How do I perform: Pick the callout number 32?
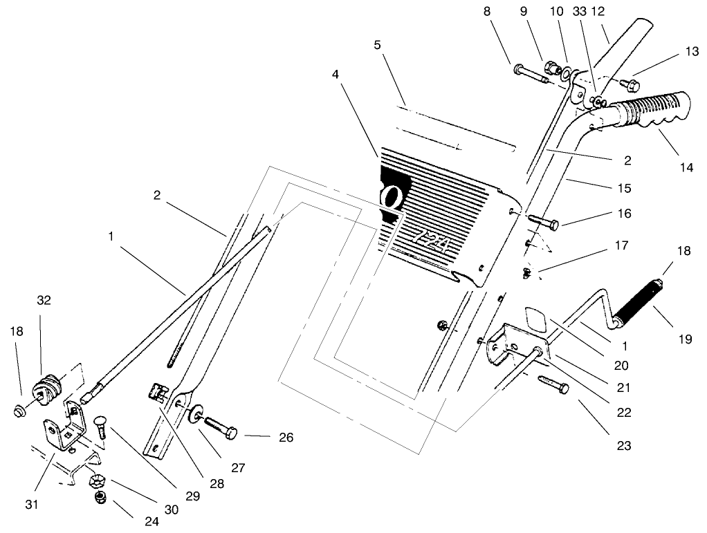(x=43, y=300)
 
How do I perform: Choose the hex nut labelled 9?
(x=553, y=68)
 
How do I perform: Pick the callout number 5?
(x=377, y=46)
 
